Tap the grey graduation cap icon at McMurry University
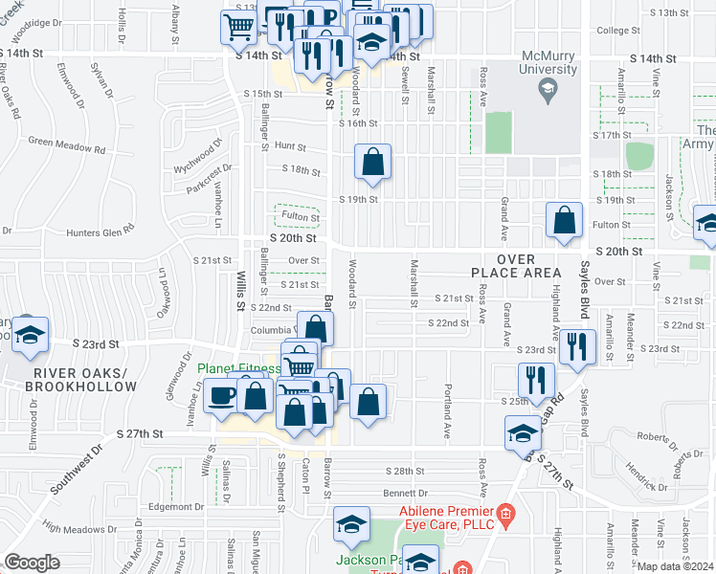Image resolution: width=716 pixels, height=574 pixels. click(x=548, y=91)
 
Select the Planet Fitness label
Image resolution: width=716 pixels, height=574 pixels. click(x=239, y=368)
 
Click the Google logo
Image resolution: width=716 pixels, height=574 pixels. click(x=32, y=563)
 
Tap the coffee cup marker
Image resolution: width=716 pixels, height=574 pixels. click(x=221, y=395)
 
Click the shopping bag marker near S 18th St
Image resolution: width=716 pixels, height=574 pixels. click(x=372, y=163)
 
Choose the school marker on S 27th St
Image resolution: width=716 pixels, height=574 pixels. click(x=523, y=433)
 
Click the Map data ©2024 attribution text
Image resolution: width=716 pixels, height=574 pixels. click(x=676, y=566)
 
